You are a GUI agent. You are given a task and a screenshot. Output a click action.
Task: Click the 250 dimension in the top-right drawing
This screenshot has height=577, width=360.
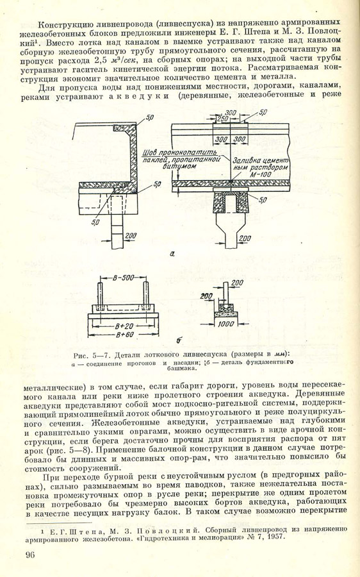click(x=222, y=119)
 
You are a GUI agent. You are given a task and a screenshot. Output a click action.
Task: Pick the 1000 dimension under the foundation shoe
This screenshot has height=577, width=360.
click(x=225, y=324)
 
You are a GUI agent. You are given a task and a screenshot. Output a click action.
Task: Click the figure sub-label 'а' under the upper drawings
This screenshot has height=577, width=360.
click(x=172, y=253)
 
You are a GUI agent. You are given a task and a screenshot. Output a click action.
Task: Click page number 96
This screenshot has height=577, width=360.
click(x=30, y=555)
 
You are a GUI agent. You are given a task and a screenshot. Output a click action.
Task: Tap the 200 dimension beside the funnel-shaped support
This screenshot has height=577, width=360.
click(x=245, y=239)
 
